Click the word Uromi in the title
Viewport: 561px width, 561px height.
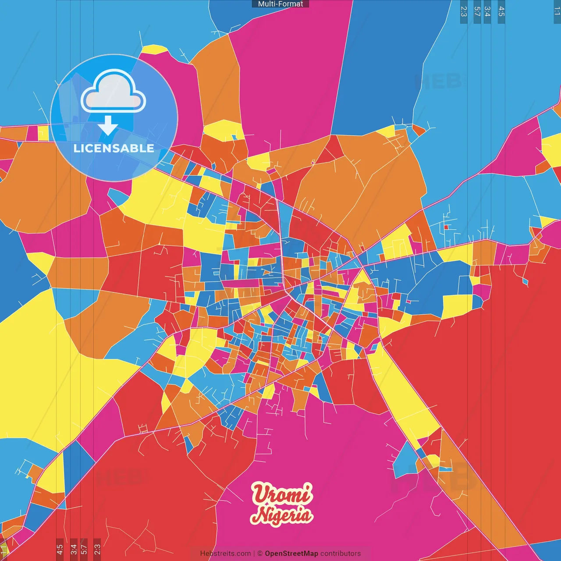pyautogui.click(x=282, y=494)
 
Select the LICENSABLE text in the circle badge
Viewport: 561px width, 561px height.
pyautogui.click(x=114, y=148)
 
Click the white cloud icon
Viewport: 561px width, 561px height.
pyautogui.click(x=114, y=91)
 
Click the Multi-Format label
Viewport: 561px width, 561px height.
pyautogui.click(x=280, y=4)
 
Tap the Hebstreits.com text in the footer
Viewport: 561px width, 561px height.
pyautogui.click(x=225, y=554)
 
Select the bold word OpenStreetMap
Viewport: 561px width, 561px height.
pyautogui.click(x=291, y=554)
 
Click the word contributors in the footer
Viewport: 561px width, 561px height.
pyautogui.click(x=341, y=554)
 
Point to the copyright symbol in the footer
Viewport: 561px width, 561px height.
pyautogui.click(x=259, y=554)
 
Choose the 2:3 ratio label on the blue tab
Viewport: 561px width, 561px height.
pyautogui.click(x=464, y=11)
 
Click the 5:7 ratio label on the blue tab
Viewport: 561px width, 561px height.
pyautogui.click(x=477, y=11)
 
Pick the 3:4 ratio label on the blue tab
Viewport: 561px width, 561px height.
pyautogui.click(x=487, y=11)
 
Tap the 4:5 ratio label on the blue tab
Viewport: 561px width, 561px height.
pyautogui.click(x=501, y=11)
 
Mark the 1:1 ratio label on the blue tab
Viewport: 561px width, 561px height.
pyautogui.click(x=557, y=11)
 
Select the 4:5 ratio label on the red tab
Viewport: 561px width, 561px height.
pyautogui.click(x=60, y=549)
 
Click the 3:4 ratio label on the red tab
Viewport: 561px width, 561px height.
pyautogui.click(x=74, y=549)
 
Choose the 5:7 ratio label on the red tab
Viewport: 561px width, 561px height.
pyautogui.click(x=84, y=549)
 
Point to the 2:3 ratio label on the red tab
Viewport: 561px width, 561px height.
pyautogui.click(x=97, y=549)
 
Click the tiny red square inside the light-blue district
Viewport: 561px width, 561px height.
pyautogui.click(x=446, y=227)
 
